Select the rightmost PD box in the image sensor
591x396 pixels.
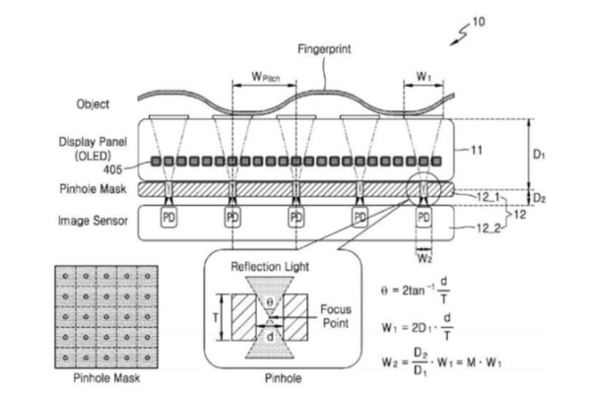[424, 215]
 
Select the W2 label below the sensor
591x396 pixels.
[425, 260]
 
